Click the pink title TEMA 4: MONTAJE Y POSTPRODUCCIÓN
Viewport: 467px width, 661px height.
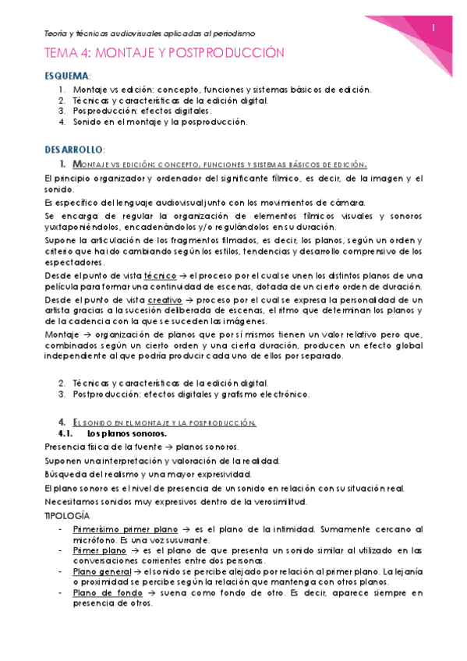click(164, 53)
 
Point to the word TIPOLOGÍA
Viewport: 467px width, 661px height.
click(68, 516)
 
